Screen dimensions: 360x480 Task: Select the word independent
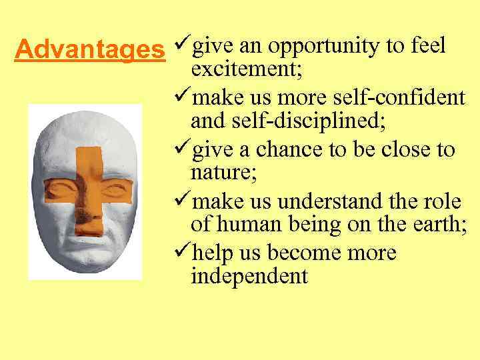pos(249,276)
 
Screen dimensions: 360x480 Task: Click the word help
pos(213,254)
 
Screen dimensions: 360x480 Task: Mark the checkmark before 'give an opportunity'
pos(180,47)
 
